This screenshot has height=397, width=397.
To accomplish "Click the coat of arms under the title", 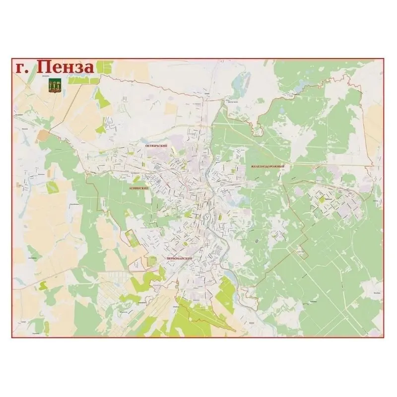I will [x=55, y=85].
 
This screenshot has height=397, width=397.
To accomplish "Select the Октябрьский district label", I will [x=155, y=145].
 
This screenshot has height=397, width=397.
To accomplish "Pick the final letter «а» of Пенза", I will [x=87, y=69].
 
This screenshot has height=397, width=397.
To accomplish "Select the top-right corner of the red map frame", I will [x=385, y=58].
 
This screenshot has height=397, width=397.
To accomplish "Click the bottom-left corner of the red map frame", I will [x=12, y=338].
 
